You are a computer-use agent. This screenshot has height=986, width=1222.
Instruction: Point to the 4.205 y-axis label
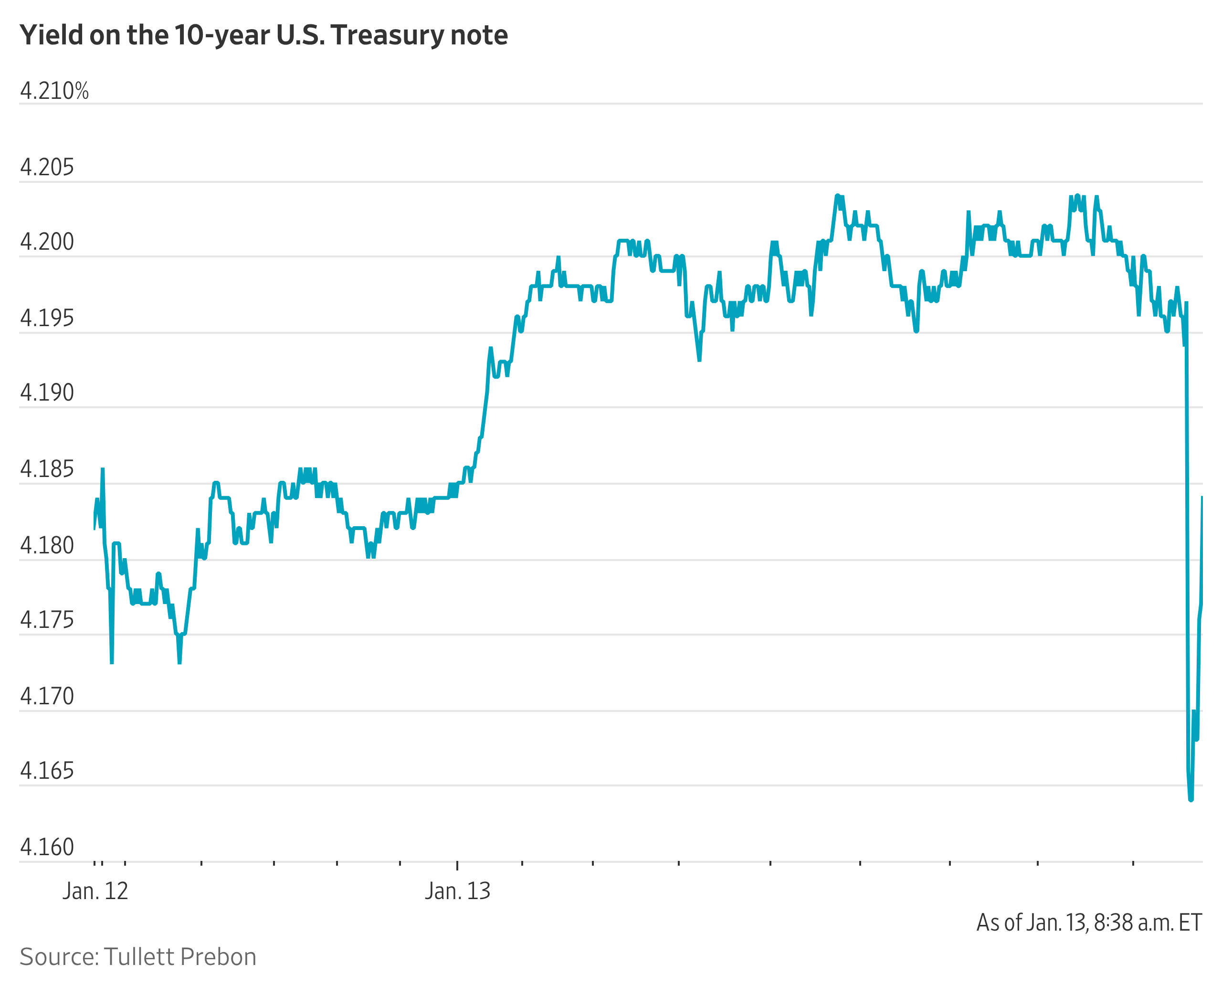coord(47,168)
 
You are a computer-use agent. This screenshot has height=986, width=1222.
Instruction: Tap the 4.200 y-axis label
coord(47,242)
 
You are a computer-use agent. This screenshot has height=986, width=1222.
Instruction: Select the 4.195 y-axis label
coord(47,318)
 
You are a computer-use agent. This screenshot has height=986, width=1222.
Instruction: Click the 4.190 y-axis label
coord(47,393)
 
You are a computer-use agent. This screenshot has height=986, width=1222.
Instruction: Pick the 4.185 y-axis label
coord(47,470)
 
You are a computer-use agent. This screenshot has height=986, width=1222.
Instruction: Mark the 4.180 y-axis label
coord(47,546)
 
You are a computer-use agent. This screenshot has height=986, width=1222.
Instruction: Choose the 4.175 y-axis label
coord(47,620)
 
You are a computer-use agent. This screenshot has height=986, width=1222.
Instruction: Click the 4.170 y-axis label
coord(47,696)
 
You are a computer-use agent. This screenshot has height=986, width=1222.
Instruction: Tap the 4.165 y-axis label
coord(47,771)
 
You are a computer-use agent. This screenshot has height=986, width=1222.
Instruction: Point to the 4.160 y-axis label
coord(47,848)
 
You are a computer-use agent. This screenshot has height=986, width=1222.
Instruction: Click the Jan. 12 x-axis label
coord(95,891)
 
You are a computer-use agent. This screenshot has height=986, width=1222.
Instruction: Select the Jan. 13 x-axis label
coord(457,891)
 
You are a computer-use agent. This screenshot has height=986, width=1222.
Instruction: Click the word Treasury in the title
coord(387,35)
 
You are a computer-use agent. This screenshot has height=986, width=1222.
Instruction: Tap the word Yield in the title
coord(51,35)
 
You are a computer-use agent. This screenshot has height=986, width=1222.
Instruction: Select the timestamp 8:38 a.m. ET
coord(1147,923)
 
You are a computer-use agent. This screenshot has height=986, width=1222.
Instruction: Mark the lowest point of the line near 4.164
coord(1191,800)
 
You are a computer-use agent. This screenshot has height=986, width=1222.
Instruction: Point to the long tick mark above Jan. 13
coord(457,865)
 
